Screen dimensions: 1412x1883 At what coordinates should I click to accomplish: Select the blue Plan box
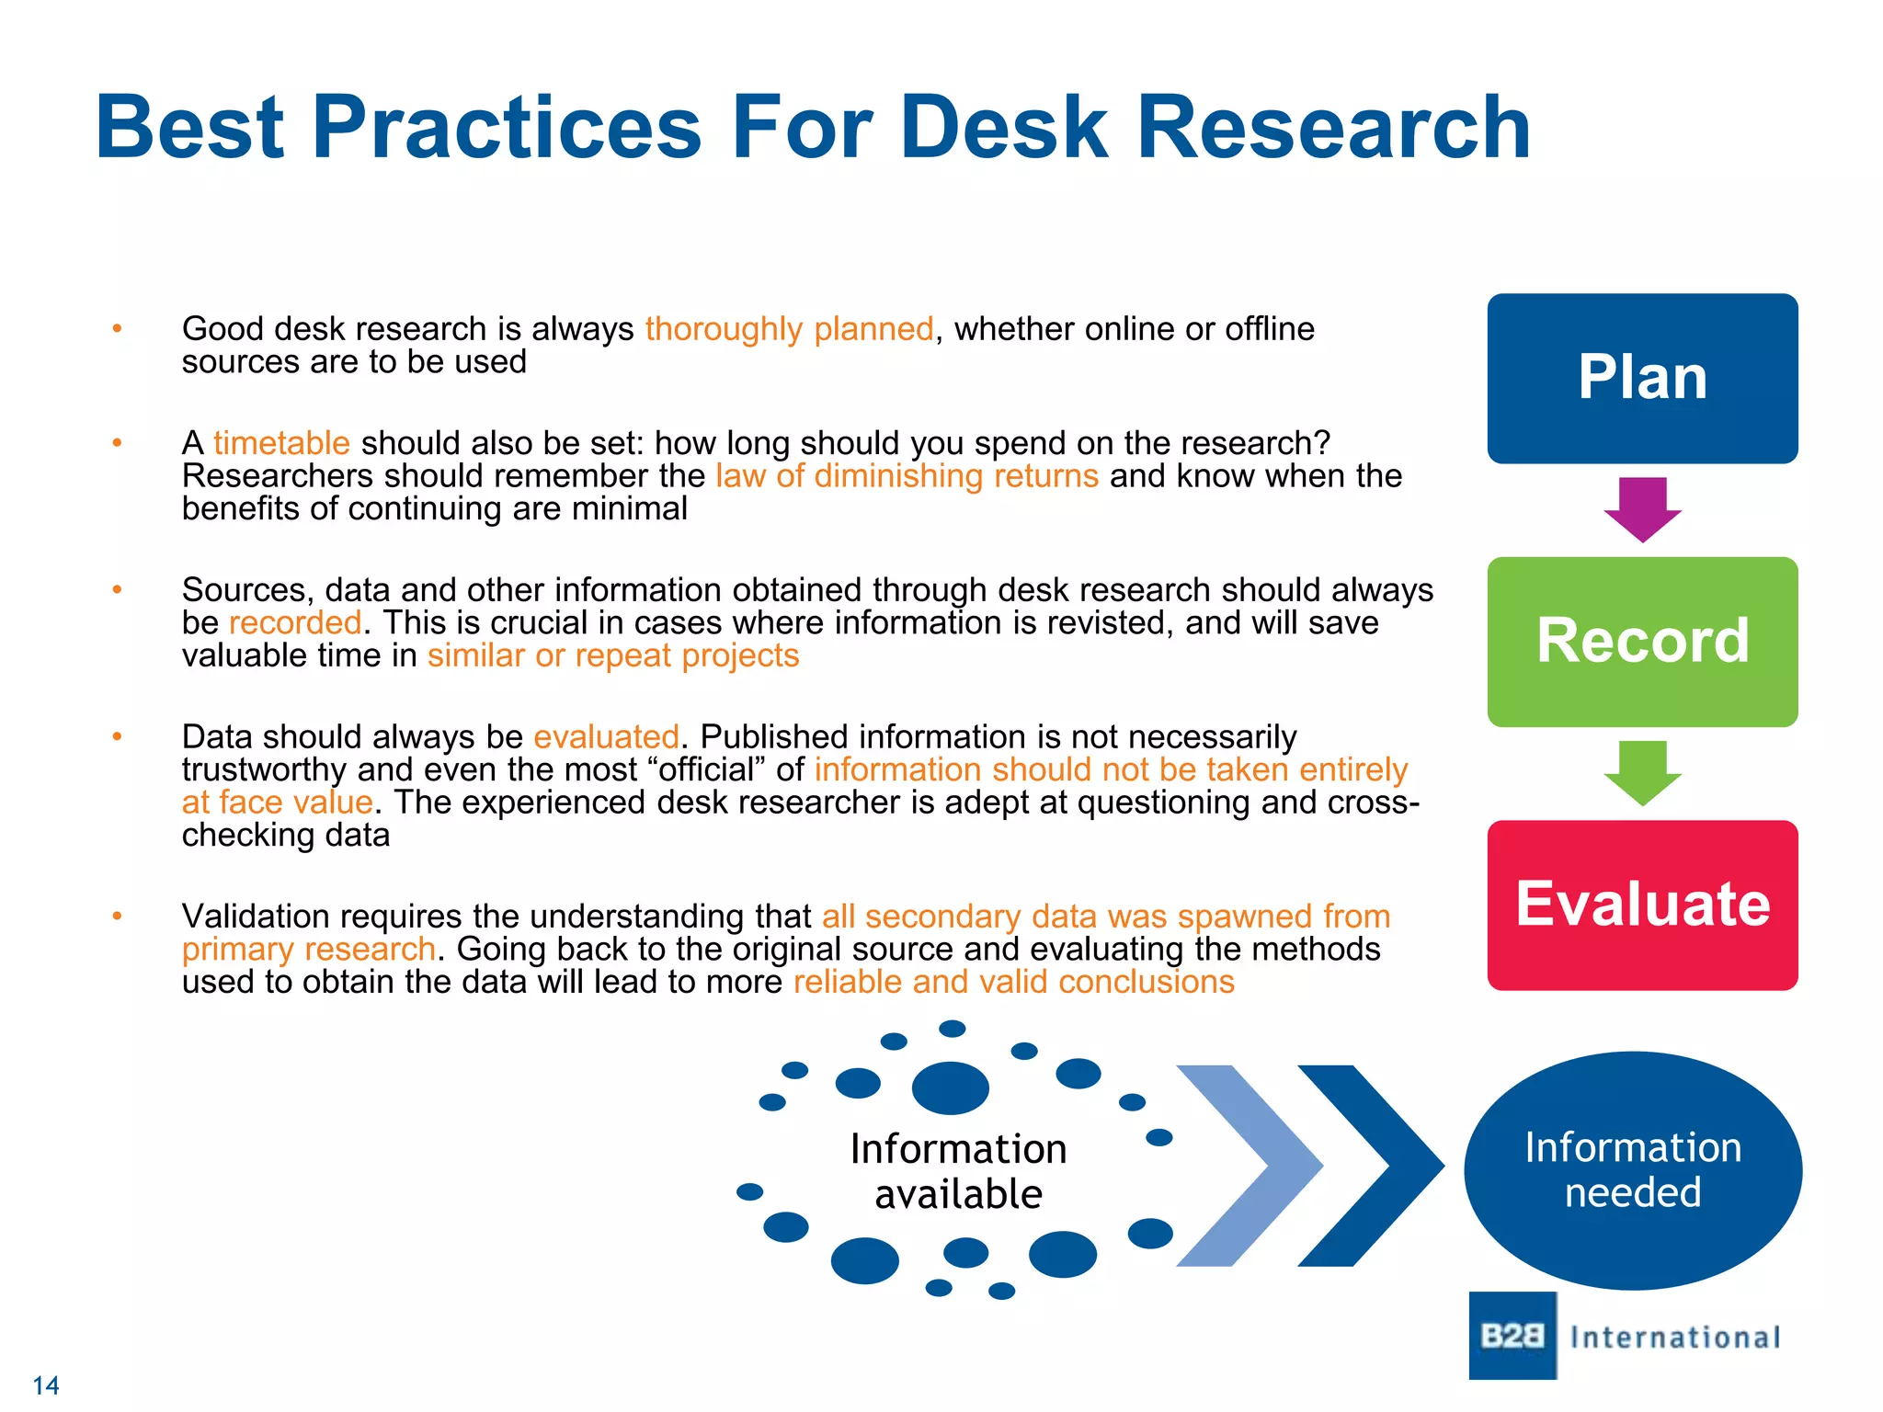coord(1642,378)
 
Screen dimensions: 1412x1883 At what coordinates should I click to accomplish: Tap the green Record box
coord(1642,641)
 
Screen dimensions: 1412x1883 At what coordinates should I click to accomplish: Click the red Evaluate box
coord(1642,905)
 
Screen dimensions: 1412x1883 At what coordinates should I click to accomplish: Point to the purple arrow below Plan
coord(1642,508)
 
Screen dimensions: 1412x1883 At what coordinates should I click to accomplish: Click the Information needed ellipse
coord(1633,1169)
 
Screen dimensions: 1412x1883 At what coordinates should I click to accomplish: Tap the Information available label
coord(958,1170)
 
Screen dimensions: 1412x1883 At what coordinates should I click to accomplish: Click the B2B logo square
coord(1512,1335)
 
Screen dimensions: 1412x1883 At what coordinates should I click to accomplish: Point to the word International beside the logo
coord(1675,1337)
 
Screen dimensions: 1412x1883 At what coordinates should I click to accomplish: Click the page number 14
coord(45,1385)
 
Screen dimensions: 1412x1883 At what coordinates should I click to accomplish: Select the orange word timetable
coord(281,443)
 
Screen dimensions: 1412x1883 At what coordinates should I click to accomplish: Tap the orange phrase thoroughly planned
coord(789,328)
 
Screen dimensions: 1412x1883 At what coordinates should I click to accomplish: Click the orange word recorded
coord(294,622)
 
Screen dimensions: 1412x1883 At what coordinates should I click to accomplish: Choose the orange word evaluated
coord(606,736)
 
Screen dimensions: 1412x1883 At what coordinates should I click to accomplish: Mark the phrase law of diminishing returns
coord(907,475)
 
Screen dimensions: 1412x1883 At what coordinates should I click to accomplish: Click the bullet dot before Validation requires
coord(117,916)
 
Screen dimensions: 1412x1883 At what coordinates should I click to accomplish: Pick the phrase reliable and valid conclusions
coord(1013,982)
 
